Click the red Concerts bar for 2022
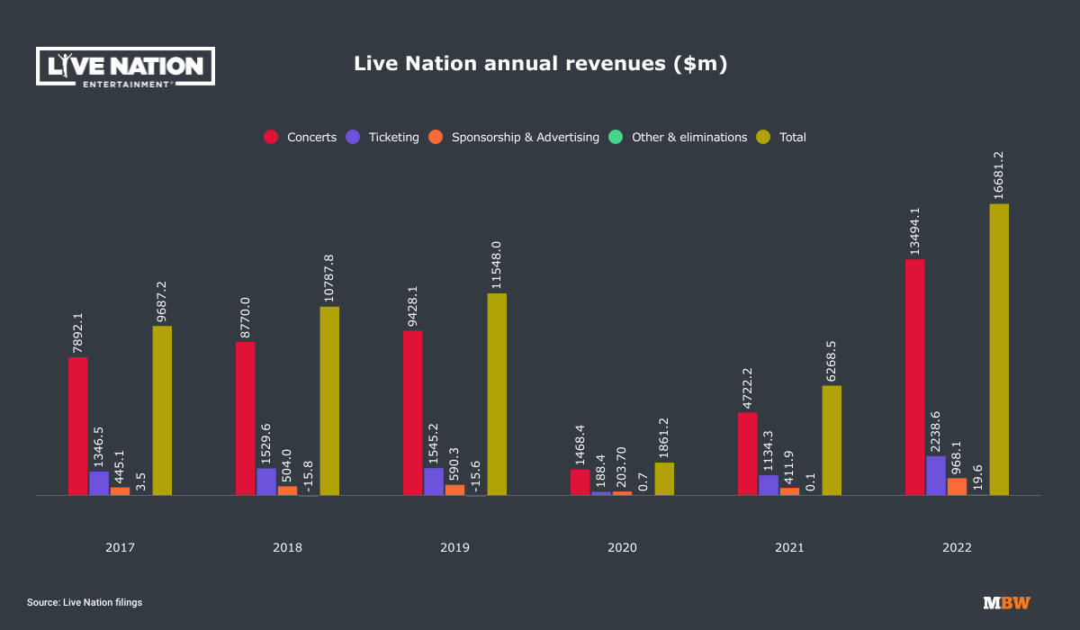pos(914,377)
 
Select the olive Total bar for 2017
pos(162,410)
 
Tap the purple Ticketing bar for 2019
pos(434,481)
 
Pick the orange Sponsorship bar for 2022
pos(957,486)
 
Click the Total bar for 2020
pos(664,479)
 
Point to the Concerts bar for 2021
pos(747,454)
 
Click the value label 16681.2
pos(999,175)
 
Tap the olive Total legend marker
pos(763,138)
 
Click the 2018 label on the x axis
pos(288,547)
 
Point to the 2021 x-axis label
pos(790,547)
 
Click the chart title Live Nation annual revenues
pos(540,64)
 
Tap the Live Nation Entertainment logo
pos(125,67)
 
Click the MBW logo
pos(1006,602)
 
